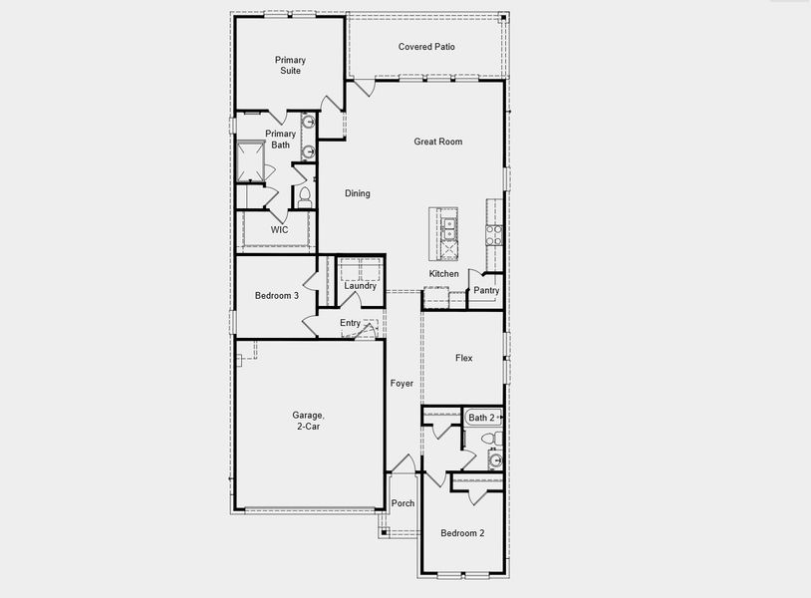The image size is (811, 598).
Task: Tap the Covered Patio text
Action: click(426, 47)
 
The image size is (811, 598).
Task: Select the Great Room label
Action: click(438, 142)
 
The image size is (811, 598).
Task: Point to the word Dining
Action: click(357, 193)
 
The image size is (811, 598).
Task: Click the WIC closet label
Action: click(280, 229)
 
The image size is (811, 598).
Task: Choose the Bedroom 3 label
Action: click(276, 296)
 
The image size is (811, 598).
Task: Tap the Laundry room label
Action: click(360, 286)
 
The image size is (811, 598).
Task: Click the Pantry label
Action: click(486, 291)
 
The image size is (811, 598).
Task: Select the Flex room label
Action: click(463, 358)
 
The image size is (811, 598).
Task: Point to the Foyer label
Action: click(402, 384)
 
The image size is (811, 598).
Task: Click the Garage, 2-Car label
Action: click(307, 421)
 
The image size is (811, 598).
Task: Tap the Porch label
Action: click(403, 503)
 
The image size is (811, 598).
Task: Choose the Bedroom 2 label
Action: click(462, 533)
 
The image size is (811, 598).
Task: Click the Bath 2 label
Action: click(481, 418)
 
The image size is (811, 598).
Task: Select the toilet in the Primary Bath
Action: click(305, 195)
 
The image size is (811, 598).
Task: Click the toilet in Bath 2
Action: click(489, 439)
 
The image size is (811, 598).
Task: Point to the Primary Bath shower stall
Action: click(256, 161)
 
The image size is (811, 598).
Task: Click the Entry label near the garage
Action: click(350, 323)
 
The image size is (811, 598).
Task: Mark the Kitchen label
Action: click(444, 274)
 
